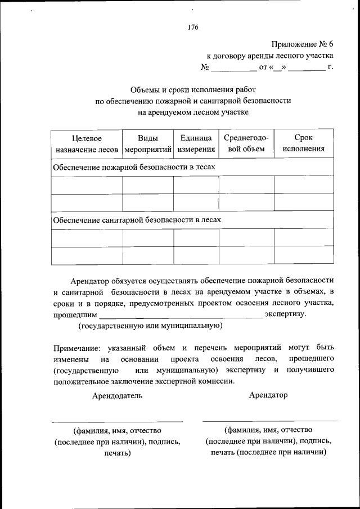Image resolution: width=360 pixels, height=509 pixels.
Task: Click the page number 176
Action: (x=193, y=27)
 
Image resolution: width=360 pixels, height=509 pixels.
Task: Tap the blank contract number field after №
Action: (x=233, y=68)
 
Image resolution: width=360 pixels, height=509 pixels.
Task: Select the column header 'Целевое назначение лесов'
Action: (x=87, y=143)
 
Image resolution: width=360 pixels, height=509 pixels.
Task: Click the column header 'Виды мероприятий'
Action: (x=148, y=143)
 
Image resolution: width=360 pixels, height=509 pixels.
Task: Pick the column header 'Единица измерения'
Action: (x=196, y=143)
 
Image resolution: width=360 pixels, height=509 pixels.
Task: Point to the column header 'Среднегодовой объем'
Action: (x=246, y=143)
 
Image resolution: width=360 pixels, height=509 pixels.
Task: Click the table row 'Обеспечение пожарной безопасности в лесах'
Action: (x=134, y=168)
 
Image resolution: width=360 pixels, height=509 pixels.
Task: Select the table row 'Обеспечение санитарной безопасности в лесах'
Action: (x=137, y=220)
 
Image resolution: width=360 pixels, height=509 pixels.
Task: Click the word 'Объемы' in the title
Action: (x=143, y=89)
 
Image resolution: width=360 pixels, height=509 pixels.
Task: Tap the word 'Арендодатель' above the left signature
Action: (x=118, y=395)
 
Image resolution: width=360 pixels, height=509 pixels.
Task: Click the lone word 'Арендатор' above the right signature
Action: (x=268, y=395)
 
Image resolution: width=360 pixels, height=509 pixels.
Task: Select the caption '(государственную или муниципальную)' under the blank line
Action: (x=150, y=326)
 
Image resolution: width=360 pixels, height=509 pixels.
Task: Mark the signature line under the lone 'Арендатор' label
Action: (x=270, y=420)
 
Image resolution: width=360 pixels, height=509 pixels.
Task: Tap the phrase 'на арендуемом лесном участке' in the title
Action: (x=193, y=112)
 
